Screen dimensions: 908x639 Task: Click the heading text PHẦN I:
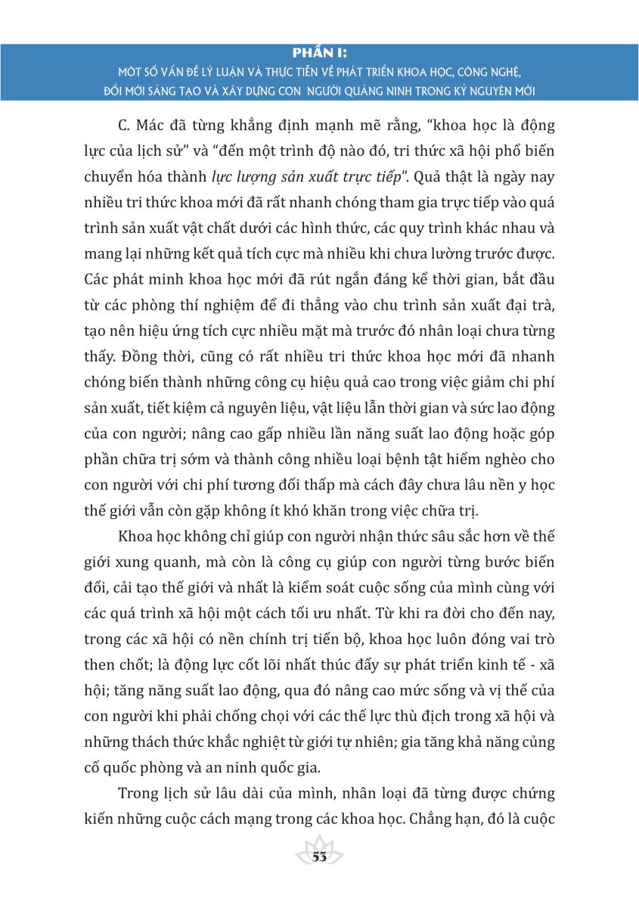319,53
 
